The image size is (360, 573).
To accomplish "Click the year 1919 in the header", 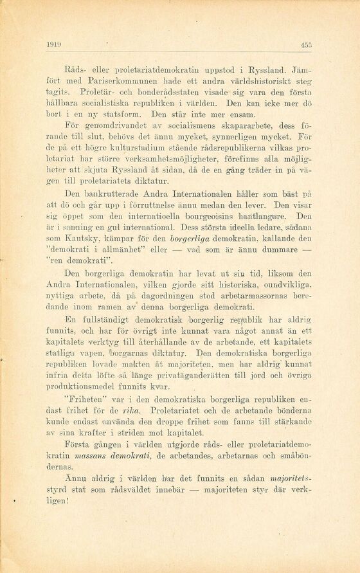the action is (x=53, y=44).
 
